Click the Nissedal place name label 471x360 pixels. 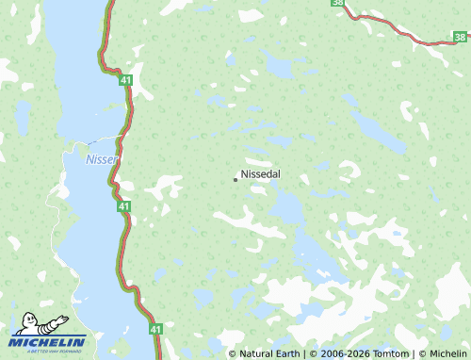(x=261, y=174)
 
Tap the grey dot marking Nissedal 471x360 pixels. (x=235, y=179)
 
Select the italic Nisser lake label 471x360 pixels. (x=101, y=159)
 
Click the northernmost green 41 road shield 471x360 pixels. (x=125, y=82)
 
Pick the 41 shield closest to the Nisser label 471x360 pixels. (x=124, y=205)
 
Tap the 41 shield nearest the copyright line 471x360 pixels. (x=156, y=329)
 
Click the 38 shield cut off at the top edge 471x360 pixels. (x=338, y=3)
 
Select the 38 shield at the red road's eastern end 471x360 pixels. (x=459, y=37)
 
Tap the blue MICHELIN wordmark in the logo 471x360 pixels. (x=48, y=341)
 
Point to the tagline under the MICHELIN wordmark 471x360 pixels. (x=47, y=351)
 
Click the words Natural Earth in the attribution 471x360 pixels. (x=268, y=353)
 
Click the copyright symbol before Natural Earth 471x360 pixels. (x=233, y=353)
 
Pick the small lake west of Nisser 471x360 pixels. (x=21, y=118)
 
